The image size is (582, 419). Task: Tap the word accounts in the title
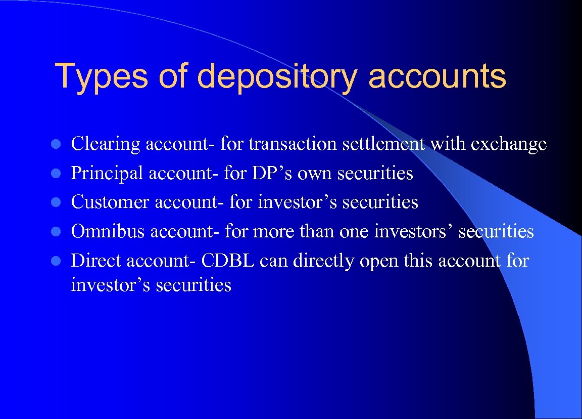tap(437, 76)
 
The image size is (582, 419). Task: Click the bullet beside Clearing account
tap(59, 145)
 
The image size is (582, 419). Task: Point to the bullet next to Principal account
tap(59, 174)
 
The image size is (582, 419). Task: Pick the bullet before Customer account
tap(59, 203)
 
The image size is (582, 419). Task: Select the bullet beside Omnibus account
tap(59, 232)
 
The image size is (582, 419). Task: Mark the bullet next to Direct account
tap(59, 261)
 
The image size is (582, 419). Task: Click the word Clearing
tap(106, 145)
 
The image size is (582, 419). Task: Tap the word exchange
tap(509, 145)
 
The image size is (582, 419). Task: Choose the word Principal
tap(107, 174)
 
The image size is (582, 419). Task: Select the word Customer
tap(110, 202)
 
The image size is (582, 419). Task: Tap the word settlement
tap(383, 144)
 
